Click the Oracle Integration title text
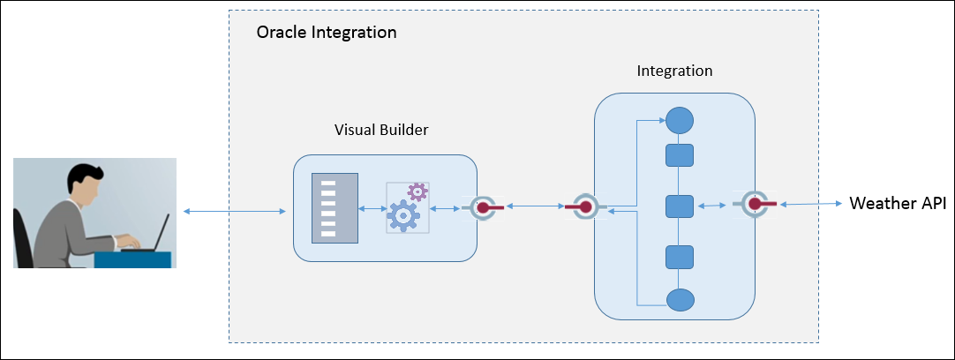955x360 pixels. tap(326, 33)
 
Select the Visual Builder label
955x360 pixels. tap(381, 130)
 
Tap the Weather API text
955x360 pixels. tap(897, 204)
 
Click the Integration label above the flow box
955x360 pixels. tap(674, 70)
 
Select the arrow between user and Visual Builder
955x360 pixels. tap(235, 211)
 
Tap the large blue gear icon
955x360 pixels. tap(405, 214)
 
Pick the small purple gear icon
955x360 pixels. tap(417, 191)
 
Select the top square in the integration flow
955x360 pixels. tap(679, 156)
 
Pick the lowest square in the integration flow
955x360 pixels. tap(679, 258)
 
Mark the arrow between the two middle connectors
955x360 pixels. tap(533, 207)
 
